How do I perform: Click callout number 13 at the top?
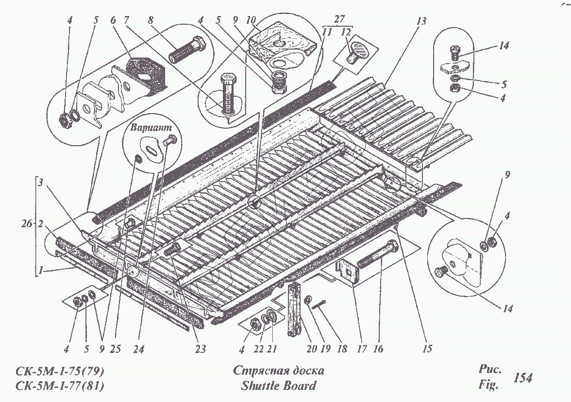420,21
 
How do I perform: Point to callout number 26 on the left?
27,224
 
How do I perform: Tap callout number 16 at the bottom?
379,349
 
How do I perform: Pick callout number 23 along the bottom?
201,349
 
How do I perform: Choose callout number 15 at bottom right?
427,349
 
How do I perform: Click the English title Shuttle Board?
278,386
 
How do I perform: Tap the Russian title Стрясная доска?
278,371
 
